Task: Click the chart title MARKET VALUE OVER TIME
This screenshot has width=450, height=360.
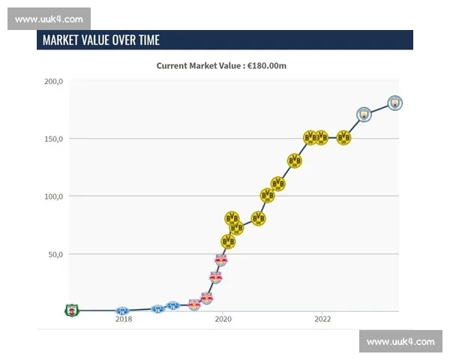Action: click(101, 40)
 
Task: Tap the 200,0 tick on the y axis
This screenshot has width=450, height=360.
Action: click(53, 81)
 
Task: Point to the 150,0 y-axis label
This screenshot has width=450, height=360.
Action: click(53, 139)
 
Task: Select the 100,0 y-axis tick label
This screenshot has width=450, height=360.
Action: click(53, 196)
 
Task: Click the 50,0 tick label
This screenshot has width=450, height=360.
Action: click(55, 254)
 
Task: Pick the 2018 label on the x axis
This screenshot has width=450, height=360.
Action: click(124, 319)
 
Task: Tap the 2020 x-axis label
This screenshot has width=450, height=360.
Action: click(223, 319)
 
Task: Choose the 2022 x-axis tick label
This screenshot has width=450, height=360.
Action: click(322, 319)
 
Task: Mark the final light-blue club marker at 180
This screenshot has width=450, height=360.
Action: click(395, 103)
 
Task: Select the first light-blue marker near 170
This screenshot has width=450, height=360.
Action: click(364, 114)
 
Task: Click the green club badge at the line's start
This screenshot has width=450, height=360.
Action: click(71, 310)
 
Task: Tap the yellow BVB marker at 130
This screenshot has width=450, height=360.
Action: click(295, 160)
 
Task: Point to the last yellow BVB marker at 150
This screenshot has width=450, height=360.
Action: click(343, 137)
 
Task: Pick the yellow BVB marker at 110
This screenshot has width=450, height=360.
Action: click(277, 184)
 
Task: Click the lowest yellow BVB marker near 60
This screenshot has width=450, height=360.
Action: click(228, 241)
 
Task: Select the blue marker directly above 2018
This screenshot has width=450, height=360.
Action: click(122, 310)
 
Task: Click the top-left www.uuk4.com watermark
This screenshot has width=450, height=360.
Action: click(49, 19)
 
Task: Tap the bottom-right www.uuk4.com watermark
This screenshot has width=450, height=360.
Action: click(400, 341)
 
